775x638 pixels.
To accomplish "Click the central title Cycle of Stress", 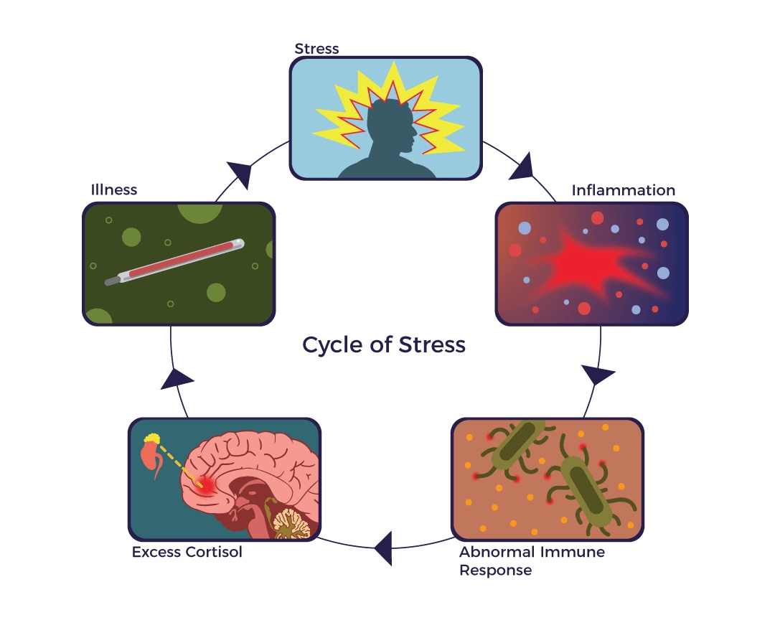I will click(x=384, y=345).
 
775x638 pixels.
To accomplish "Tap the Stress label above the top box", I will click(x=316, y=49).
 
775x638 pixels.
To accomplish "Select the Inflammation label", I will click(x=623, y=190).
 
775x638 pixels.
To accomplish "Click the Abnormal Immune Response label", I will click(x=532, y=561).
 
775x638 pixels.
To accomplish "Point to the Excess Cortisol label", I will click(x=187, y=553).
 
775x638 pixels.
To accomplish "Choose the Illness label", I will click(x=113, y=190).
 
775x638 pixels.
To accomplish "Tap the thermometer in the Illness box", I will click(x=176, y=262).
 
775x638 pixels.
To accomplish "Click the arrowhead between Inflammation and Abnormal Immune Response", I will click(x=597, y=375).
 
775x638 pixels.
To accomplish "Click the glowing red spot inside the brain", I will click(x=207, y=486).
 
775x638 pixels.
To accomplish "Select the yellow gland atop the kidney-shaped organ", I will click(x=151, y=438).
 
